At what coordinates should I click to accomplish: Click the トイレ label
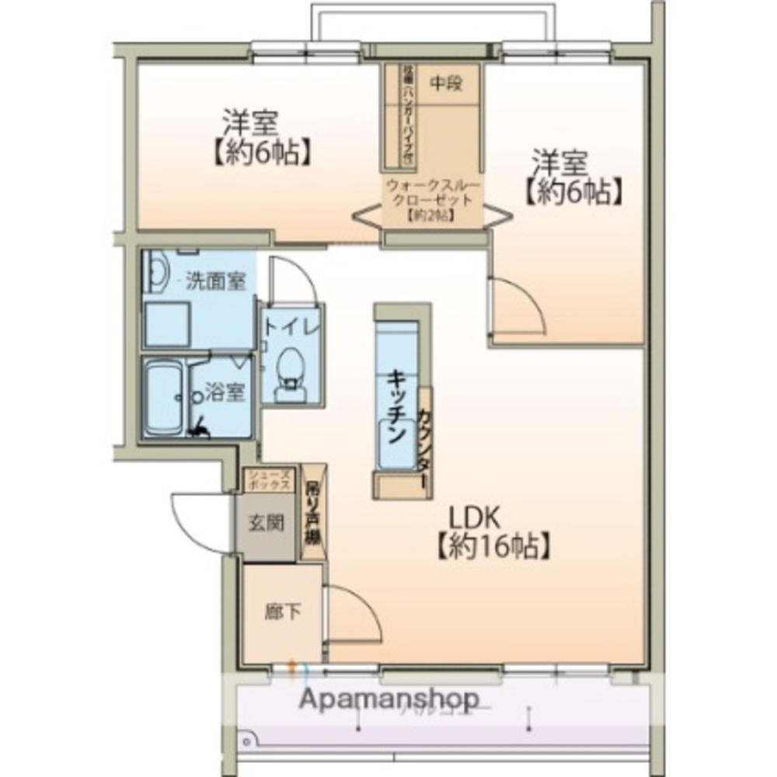[291, 327]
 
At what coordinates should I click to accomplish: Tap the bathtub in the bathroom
[164, 399]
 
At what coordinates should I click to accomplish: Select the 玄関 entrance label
[266, 524]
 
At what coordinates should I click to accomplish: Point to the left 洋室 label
[251, 123]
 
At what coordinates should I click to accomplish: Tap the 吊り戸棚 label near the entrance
[313, 513]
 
